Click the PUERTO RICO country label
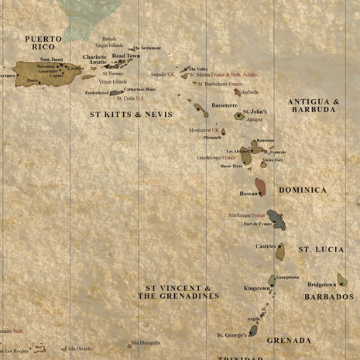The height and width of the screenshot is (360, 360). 43,43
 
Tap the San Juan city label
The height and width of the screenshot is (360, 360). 52,59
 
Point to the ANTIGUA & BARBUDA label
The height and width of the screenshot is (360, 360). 314,105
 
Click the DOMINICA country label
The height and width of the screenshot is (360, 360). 303,190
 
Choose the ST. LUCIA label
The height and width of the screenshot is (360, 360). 321,249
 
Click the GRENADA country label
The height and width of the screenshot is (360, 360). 289,340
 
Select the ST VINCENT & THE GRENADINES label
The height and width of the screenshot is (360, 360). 179,292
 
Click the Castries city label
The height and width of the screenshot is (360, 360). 266,246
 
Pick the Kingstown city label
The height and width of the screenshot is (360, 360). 256,288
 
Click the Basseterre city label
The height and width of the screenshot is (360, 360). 225,105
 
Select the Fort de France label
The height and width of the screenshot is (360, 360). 258,224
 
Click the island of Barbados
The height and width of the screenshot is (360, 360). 342,279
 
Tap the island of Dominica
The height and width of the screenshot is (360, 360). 261,187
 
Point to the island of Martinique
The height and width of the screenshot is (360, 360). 276,220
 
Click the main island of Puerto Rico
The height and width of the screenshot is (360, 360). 46,74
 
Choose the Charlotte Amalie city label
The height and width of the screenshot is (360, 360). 95,60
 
